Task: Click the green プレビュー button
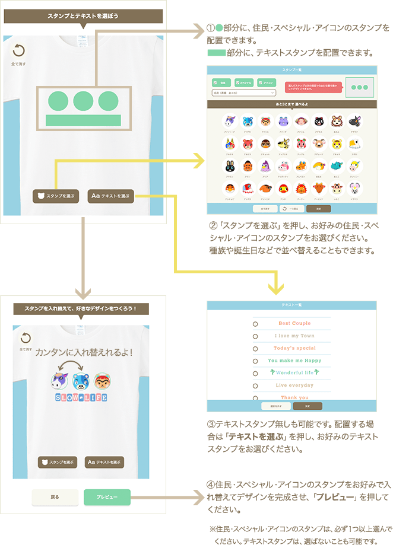(107, 497)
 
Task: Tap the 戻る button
(55, 497)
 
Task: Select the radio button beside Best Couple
(255, 324)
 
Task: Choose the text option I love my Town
(294, 336)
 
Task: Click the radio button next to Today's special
(255, 348)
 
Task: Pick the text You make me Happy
(294, 361)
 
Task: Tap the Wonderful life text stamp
(294, 372)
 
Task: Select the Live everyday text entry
(294, 385)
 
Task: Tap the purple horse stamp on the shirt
(59, 379)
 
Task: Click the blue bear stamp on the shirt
(81, 379)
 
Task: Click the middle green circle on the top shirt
(83, 100)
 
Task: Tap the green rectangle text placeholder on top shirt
(83, 120)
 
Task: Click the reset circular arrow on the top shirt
(18, 50)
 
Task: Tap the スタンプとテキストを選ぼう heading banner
(83, 16)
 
